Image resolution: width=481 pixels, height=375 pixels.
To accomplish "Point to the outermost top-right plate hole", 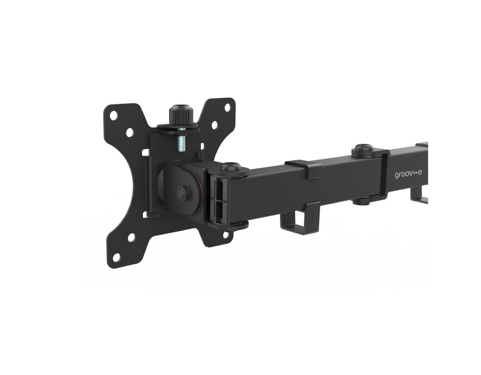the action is click(x=227, y=107).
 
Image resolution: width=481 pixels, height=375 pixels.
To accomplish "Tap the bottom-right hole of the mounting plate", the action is click(x=226, y=234).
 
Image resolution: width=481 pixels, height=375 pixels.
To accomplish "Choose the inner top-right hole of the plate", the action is click(x=214, y=124).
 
